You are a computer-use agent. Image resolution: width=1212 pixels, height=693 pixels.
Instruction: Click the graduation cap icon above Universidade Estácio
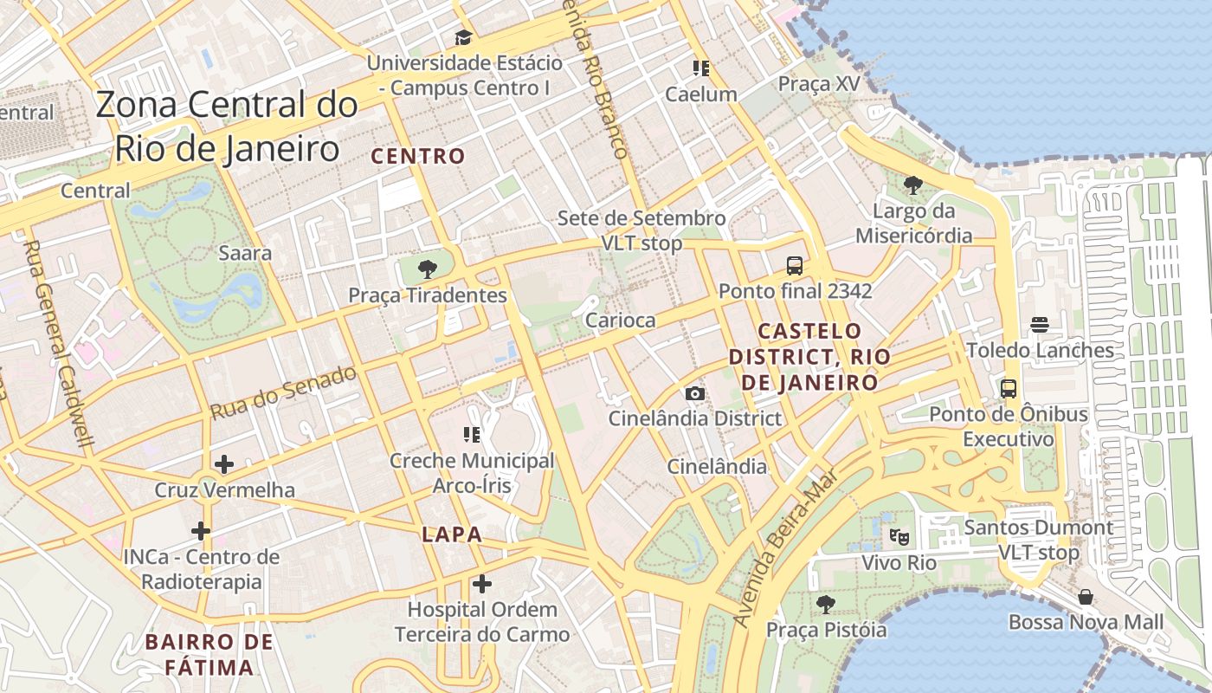point(464,37)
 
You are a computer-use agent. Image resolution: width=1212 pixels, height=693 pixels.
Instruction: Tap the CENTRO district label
point(418,157)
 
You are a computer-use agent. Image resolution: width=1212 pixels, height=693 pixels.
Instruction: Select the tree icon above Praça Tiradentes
point(426,269)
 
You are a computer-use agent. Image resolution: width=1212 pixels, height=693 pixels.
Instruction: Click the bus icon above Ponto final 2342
point(794,265)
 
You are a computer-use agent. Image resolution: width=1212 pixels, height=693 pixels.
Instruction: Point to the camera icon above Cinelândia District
point(694,393)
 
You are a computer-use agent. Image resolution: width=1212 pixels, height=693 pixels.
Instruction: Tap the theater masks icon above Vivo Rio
point(899,537)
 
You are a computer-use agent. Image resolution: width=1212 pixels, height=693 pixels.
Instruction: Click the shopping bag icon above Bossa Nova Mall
point(1086,597)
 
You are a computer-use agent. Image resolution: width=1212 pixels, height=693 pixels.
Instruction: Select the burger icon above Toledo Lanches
point(1040,325)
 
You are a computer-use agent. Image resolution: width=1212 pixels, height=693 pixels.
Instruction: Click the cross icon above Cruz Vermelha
point(224,464)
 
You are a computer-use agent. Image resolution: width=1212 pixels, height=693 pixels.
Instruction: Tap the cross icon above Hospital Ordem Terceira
point(482,584)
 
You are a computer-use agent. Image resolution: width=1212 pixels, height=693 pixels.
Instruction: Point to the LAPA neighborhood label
point(451,534)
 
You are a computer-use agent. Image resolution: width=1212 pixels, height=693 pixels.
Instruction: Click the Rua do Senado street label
point(283,392)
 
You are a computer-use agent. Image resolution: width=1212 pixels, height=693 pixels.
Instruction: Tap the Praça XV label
point(819,84)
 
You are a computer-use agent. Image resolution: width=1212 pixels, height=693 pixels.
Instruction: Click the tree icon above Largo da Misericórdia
point(912,185)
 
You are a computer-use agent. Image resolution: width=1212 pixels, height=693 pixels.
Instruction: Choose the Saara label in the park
point(245,254)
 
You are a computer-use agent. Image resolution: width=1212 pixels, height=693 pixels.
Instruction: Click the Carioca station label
point(621,321)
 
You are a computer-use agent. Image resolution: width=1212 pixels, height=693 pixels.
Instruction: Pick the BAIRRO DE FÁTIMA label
point(210,655)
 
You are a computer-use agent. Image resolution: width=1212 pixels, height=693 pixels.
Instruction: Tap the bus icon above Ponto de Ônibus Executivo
point(1009,388)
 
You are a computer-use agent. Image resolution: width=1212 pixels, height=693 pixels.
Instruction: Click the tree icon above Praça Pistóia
point(826,604)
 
